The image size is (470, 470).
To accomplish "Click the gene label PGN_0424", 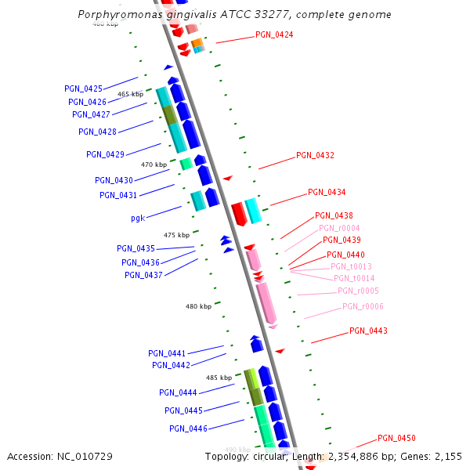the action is tap(274, 34).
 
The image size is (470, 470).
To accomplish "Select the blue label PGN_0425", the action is tap(83, 89).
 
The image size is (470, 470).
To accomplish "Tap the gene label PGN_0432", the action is tap(315, 156).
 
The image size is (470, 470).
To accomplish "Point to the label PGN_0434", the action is tap(327, 193).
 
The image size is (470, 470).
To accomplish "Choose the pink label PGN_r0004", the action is tap(339, 229).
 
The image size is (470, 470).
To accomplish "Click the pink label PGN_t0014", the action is tap(354, 279).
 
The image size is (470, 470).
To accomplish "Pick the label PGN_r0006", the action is tap(363, 307).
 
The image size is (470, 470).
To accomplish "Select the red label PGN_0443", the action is tap(368, 331).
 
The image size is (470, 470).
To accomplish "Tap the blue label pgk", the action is tap(138, 219).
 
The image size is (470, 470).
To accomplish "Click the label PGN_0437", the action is tap(143, 275).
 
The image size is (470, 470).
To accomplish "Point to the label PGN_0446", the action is tap(188, 429).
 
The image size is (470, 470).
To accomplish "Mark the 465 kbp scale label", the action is tap(131, 94).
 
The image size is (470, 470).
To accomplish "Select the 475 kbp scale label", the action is tap(176, 235).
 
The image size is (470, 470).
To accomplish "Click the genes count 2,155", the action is tap(447, 456).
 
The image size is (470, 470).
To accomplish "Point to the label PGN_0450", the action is tap(396, 439).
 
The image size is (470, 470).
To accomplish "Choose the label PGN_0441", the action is tap(167, 354).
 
